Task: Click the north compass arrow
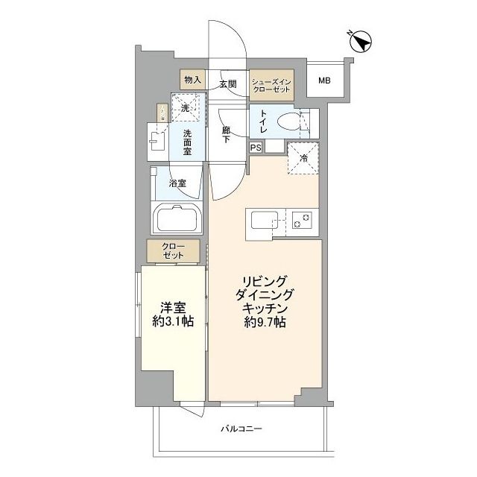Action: coord(359,42)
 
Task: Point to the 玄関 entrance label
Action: coord(227,84)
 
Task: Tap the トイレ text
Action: coord(265,120)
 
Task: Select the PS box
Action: coord(256,148)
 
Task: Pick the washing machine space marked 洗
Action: coord(187,107)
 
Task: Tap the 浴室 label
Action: coord(177,183)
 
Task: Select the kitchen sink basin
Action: coord(265,221)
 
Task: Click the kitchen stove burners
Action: coord(303,221)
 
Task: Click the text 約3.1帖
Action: coord(172,322)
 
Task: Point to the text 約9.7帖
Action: coord(261,323)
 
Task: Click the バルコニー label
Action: coord(242,429)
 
